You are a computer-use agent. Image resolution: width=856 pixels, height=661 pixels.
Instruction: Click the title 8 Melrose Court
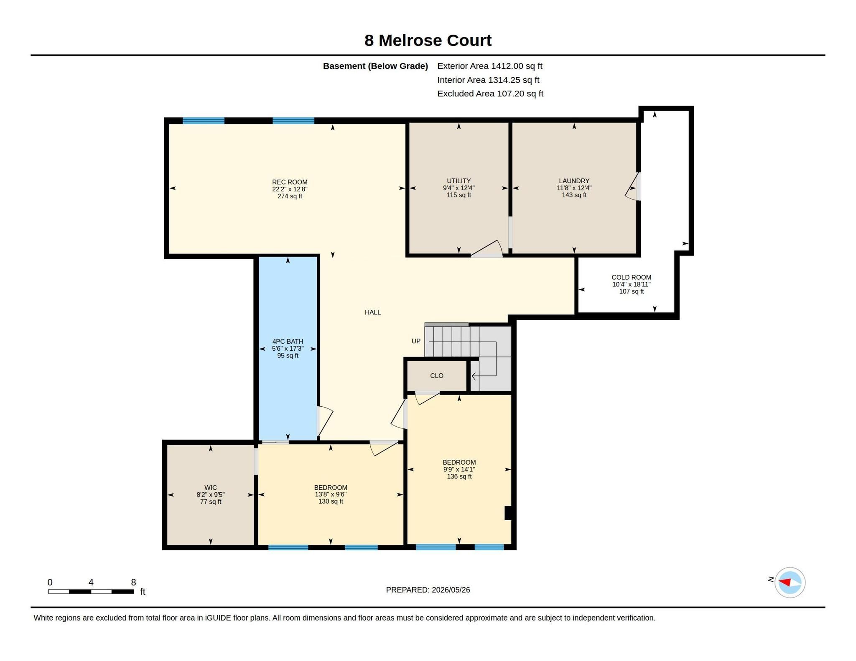pyautogui.click(x=428, y=41)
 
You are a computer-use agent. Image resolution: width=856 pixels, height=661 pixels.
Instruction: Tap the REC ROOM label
pyautogui.click(x=290, y=182)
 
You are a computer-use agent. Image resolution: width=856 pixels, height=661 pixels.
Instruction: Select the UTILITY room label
pyautogui.click(x=459, y=181)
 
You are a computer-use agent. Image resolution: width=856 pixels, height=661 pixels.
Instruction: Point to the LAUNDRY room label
pyautogui.click(x=574, y=181)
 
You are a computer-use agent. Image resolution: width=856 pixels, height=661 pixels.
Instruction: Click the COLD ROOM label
pyautogui.click(x=631, y=277)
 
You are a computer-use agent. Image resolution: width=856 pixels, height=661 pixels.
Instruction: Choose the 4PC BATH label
pyautogui.click(x=288, y=342)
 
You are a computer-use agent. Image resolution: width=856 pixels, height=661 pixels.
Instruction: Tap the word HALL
pyautogui.click(x=372, y=312)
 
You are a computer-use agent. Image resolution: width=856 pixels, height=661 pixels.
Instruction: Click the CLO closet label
pyautogui.click(x=436, y=376)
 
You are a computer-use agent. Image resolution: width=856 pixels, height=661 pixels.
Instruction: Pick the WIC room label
pyautogui.click(x=210, y=488)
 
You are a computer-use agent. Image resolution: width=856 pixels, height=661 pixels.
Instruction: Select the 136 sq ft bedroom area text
pyautogui.click(x=459, y=476)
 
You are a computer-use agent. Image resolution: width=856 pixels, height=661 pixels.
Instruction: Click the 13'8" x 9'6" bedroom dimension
pyautogui.click(x=331, y=494)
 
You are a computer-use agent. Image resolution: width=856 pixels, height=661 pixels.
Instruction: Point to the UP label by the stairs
pyautogui.click(x=416, y=341)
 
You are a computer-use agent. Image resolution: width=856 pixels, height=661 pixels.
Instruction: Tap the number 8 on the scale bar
pyautogui.click(x=133, y=582)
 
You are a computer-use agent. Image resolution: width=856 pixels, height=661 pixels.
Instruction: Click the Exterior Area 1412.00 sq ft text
pyautogui.click(x=490, y=66)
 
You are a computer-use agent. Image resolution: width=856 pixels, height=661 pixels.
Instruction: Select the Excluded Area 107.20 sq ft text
pyautogui.click(x=490, y=94)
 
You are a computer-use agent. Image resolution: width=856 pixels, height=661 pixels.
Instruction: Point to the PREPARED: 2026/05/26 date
pyautogui.click(x=428, y=590)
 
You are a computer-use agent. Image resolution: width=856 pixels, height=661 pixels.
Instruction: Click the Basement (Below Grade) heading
pyautogui.click(x=375, y=66)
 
